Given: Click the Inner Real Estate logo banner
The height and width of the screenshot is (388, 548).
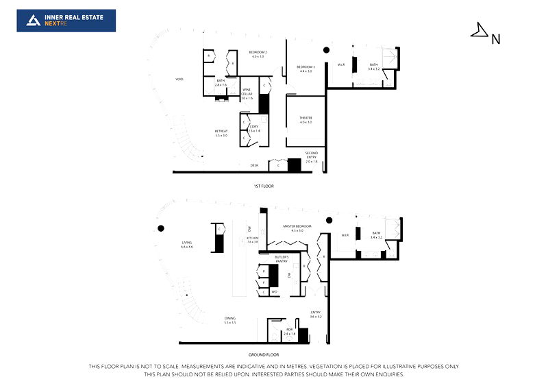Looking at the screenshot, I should click(66, 21).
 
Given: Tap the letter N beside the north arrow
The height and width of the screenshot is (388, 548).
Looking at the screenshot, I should click(496, 39).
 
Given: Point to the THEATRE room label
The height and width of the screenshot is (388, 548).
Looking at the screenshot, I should click(305, 119).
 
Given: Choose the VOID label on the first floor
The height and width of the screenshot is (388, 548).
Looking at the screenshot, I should click(179, 79).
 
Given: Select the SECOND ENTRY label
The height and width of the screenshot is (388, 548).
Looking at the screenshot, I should click(311, 155).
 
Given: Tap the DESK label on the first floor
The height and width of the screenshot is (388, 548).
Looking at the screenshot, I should click(253, 165).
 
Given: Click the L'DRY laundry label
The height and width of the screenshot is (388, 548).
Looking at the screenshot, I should click(253, 128).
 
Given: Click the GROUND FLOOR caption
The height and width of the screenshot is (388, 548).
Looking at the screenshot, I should click(264, 354).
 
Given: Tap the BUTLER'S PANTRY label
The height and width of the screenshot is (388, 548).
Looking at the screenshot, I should click(282, 258).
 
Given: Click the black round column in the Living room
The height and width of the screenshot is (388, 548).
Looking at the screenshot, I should click(161, 228).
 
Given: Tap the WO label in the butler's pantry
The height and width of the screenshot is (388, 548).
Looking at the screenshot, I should click(274, 291).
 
